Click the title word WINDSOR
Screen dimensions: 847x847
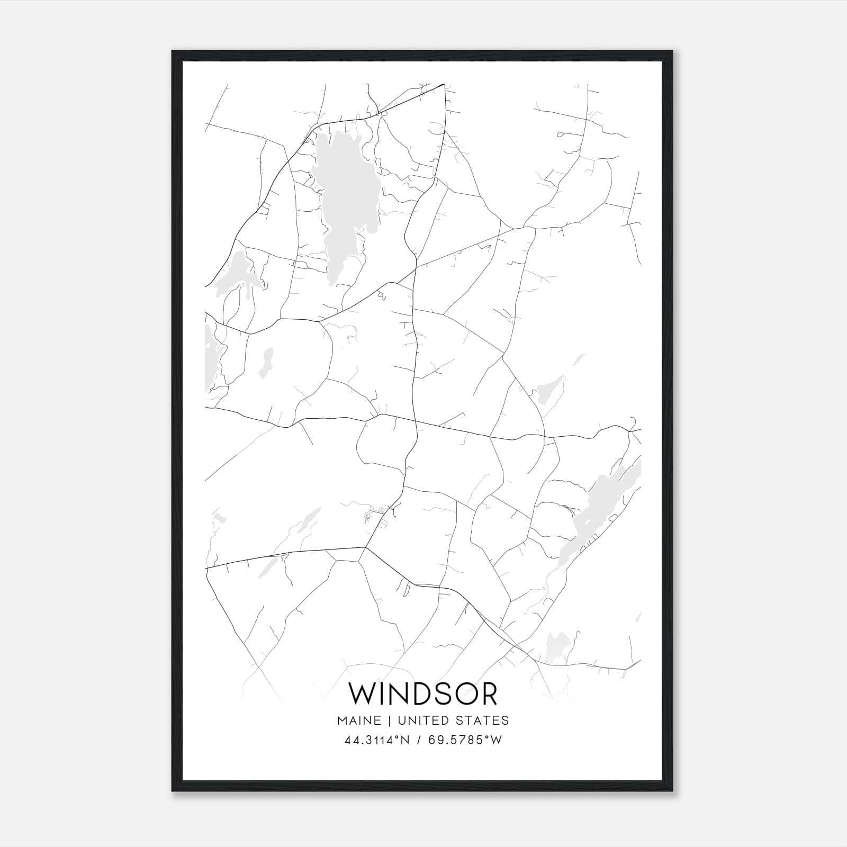(423, 694)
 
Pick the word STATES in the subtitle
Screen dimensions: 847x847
(485, 720)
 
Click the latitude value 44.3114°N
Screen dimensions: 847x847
(377, 740)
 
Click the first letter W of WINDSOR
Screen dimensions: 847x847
(361, 694)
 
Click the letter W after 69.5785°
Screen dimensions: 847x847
(495, 740)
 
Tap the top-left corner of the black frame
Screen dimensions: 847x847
(173, 52)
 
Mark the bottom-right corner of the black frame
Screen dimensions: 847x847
(673, 791)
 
